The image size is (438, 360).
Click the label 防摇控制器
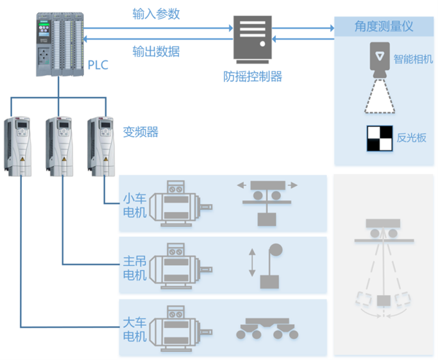coord(253,76)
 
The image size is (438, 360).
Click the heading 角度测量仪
coord(383,26)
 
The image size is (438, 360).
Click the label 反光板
coord(411,137)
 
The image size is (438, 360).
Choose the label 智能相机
coord(413,59)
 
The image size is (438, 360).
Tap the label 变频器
coord(140,133)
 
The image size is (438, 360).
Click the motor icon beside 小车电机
coord(183,204)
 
